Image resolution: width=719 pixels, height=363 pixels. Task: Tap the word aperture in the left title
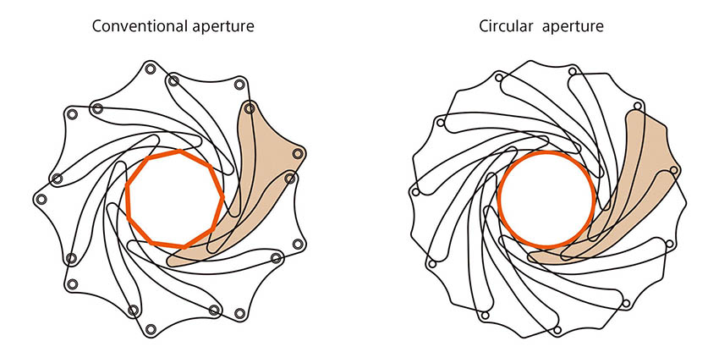[x=222, y=26]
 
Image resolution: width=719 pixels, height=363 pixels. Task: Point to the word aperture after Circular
[x=573, y=26]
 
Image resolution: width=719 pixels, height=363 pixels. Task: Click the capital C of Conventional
[x=97, y=26]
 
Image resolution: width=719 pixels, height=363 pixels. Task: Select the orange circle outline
[x=499, y=200]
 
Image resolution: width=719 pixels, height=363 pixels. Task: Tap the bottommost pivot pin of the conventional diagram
[x=151, y=329]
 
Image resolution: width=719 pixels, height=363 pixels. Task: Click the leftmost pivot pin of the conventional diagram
[x=39, y=199]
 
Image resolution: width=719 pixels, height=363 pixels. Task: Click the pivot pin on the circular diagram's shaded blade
[x=674, y=171]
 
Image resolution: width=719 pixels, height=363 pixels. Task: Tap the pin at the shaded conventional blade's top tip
[x=249, y=107]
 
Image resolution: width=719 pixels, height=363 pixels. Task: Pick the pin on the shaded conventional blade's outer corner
[x=297, y=154]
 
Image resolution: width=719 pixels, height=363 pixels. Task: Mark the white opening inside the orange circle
[x=546, y=199]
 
